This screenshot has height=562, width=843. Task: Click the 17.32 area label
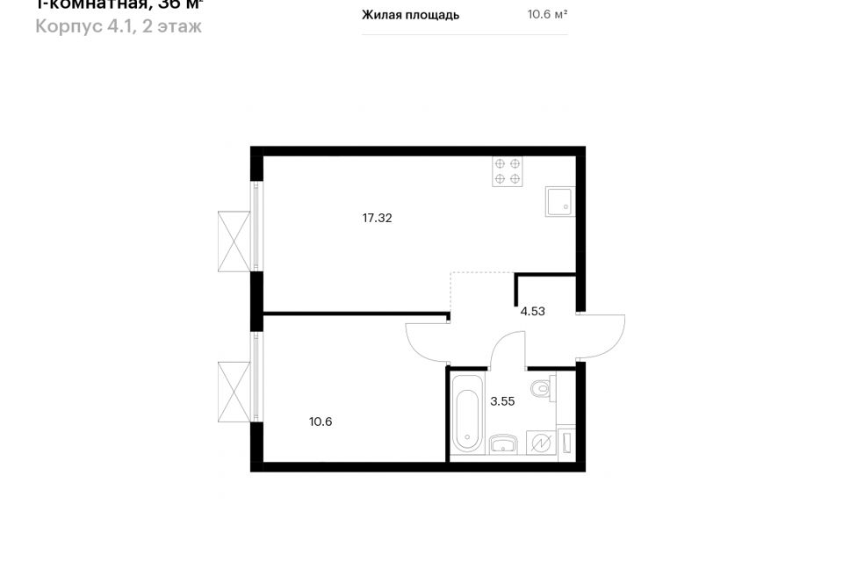click(x=377, y=218)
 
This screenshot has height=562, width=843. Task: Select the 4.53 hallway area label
click(x=533, y=310)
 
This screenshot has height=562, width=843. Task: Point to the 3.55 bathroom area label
click(x=502, y=401)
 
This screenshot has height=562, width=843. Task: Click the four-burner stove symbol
click(x=508, y=171)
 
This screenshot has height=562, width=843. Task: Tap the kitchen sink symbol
click(x=559, y=201)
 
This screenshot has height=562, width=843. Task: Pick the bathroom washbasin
click(x=502, y=443)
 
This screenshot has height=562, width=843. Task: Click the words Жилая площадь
click(x=410, y=15)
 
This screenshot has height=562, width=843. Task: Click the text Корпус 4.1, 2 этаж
click(x=119, y=26)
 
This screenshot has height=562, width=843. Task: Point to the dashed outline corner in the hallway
click(x=451, y=274)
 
